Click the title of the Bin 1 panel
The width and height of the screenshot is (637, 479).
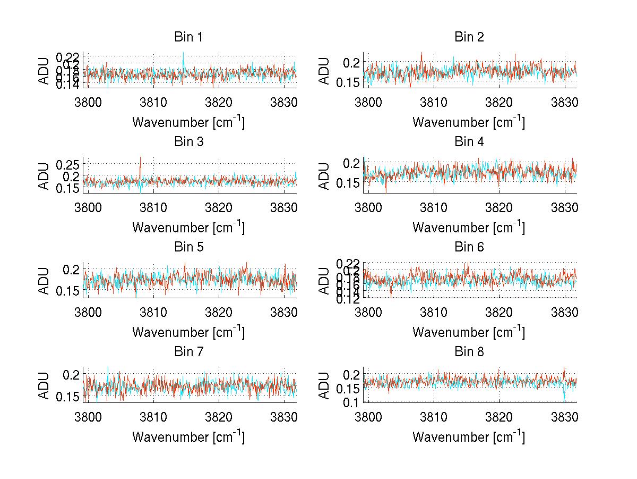click(x=188, y=37)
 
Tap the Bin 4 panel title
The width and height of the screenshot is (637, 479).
click(x=469, y=142)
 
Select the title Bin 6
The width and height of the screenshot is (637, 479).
click(x=469, y=247)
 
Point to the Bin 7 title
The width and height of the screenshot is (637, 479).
click(x=188, y=351)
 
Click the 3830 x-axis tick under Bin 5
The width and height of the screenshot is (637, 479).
click(x=285, y=311)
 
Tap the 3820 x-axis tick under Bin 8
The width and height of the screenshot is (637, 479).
click(x=499, y=416)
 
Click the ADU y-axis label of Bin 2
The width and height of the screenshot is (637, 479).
click(x=325, y=71)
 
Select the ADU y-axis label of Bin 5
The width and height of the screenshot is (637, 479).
click(x=45, y=280)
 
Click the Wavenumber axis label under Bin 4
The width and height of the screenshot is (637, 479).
click(x=469, y=228)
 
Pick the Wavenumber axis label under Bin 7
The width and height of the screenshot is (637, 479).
click(x=188, y=437)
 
